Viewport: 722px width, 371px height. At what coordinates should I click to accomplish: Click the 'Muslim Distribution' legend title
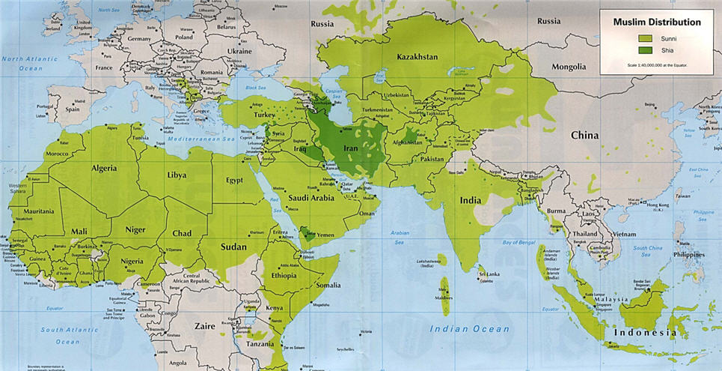pyautogui.click(x=658, y=22)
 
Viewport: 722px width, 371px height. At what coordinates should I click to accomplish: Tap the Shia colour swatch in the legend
pyautogui.click(x=645, y=50)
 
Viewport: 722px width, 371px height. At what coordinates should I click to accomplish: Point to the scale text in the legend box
pyautogui.click(x=658, y=65)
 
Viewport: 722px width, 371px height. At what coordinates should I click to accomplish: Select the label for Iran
pyautogui.click(x=352, y=148)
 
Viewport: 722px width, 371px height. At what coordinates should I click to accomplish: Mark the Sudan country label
pyautogui.click(x=233, y=245)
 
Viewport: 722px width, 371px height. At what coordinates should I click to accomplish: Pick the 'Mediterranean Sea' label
pyautogui.click(x=201, y=140)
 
